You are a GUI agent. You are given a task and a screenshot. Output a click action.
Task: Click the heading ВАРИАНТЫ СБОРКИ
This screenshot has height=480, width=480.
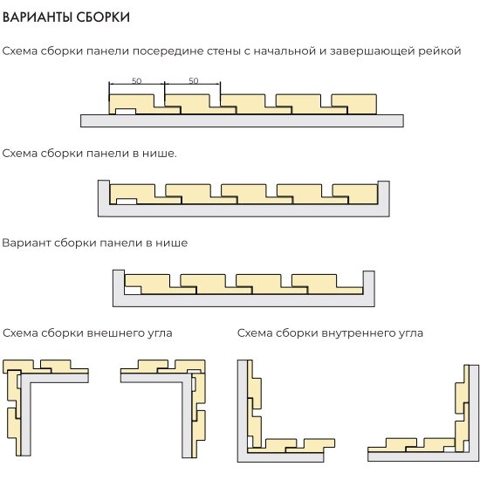[x=66, y=17]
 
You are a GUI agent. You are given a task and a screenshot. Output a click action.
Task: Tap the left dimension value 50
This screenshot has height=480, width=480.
[x=136, y=81]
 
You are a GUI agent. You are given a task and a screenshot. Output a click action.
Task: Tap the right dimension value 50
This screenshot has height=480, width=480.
[x=194, y=80]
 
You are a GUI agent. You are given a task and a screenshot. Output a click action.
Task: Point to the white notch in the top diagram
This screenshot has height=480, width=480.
[x=126, y=111]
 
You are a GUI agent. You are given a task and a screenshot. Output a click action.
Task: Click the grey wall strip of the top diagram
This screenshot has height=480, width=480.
[x=242, y=120]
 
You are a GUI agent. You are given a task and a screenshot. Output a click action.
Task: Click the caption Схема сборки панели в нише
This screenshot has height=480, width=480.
[x=89, y=153]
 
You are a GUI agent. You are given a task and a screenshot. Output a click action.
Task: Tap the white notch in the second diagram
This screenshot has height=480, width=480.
[x=127, y=201]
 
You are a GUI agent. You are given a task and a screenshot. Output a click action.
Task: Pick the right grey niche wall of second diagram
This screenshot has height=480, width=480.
[x=384, y=194]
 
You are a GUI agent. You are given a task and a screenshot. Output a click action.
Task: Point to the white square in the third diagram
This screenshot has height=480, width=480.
[x=133, y=291]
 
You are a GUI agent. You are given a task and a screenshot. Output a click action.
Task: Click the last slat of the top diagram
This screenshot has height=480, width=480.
[x=353, y=104]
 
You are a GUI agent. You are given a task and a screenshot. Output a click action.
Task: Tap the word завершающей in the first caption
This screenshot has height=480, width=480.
[x=371, y=51]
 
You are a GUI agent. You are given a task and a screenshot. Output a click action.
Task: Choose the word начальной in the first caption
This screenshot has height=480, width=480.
[x=285, y=51]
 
